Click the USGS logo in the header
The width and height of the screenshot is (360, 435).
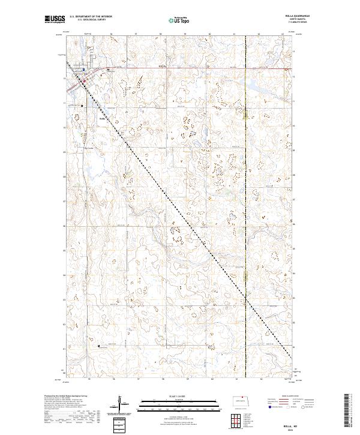pos(55,20)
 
